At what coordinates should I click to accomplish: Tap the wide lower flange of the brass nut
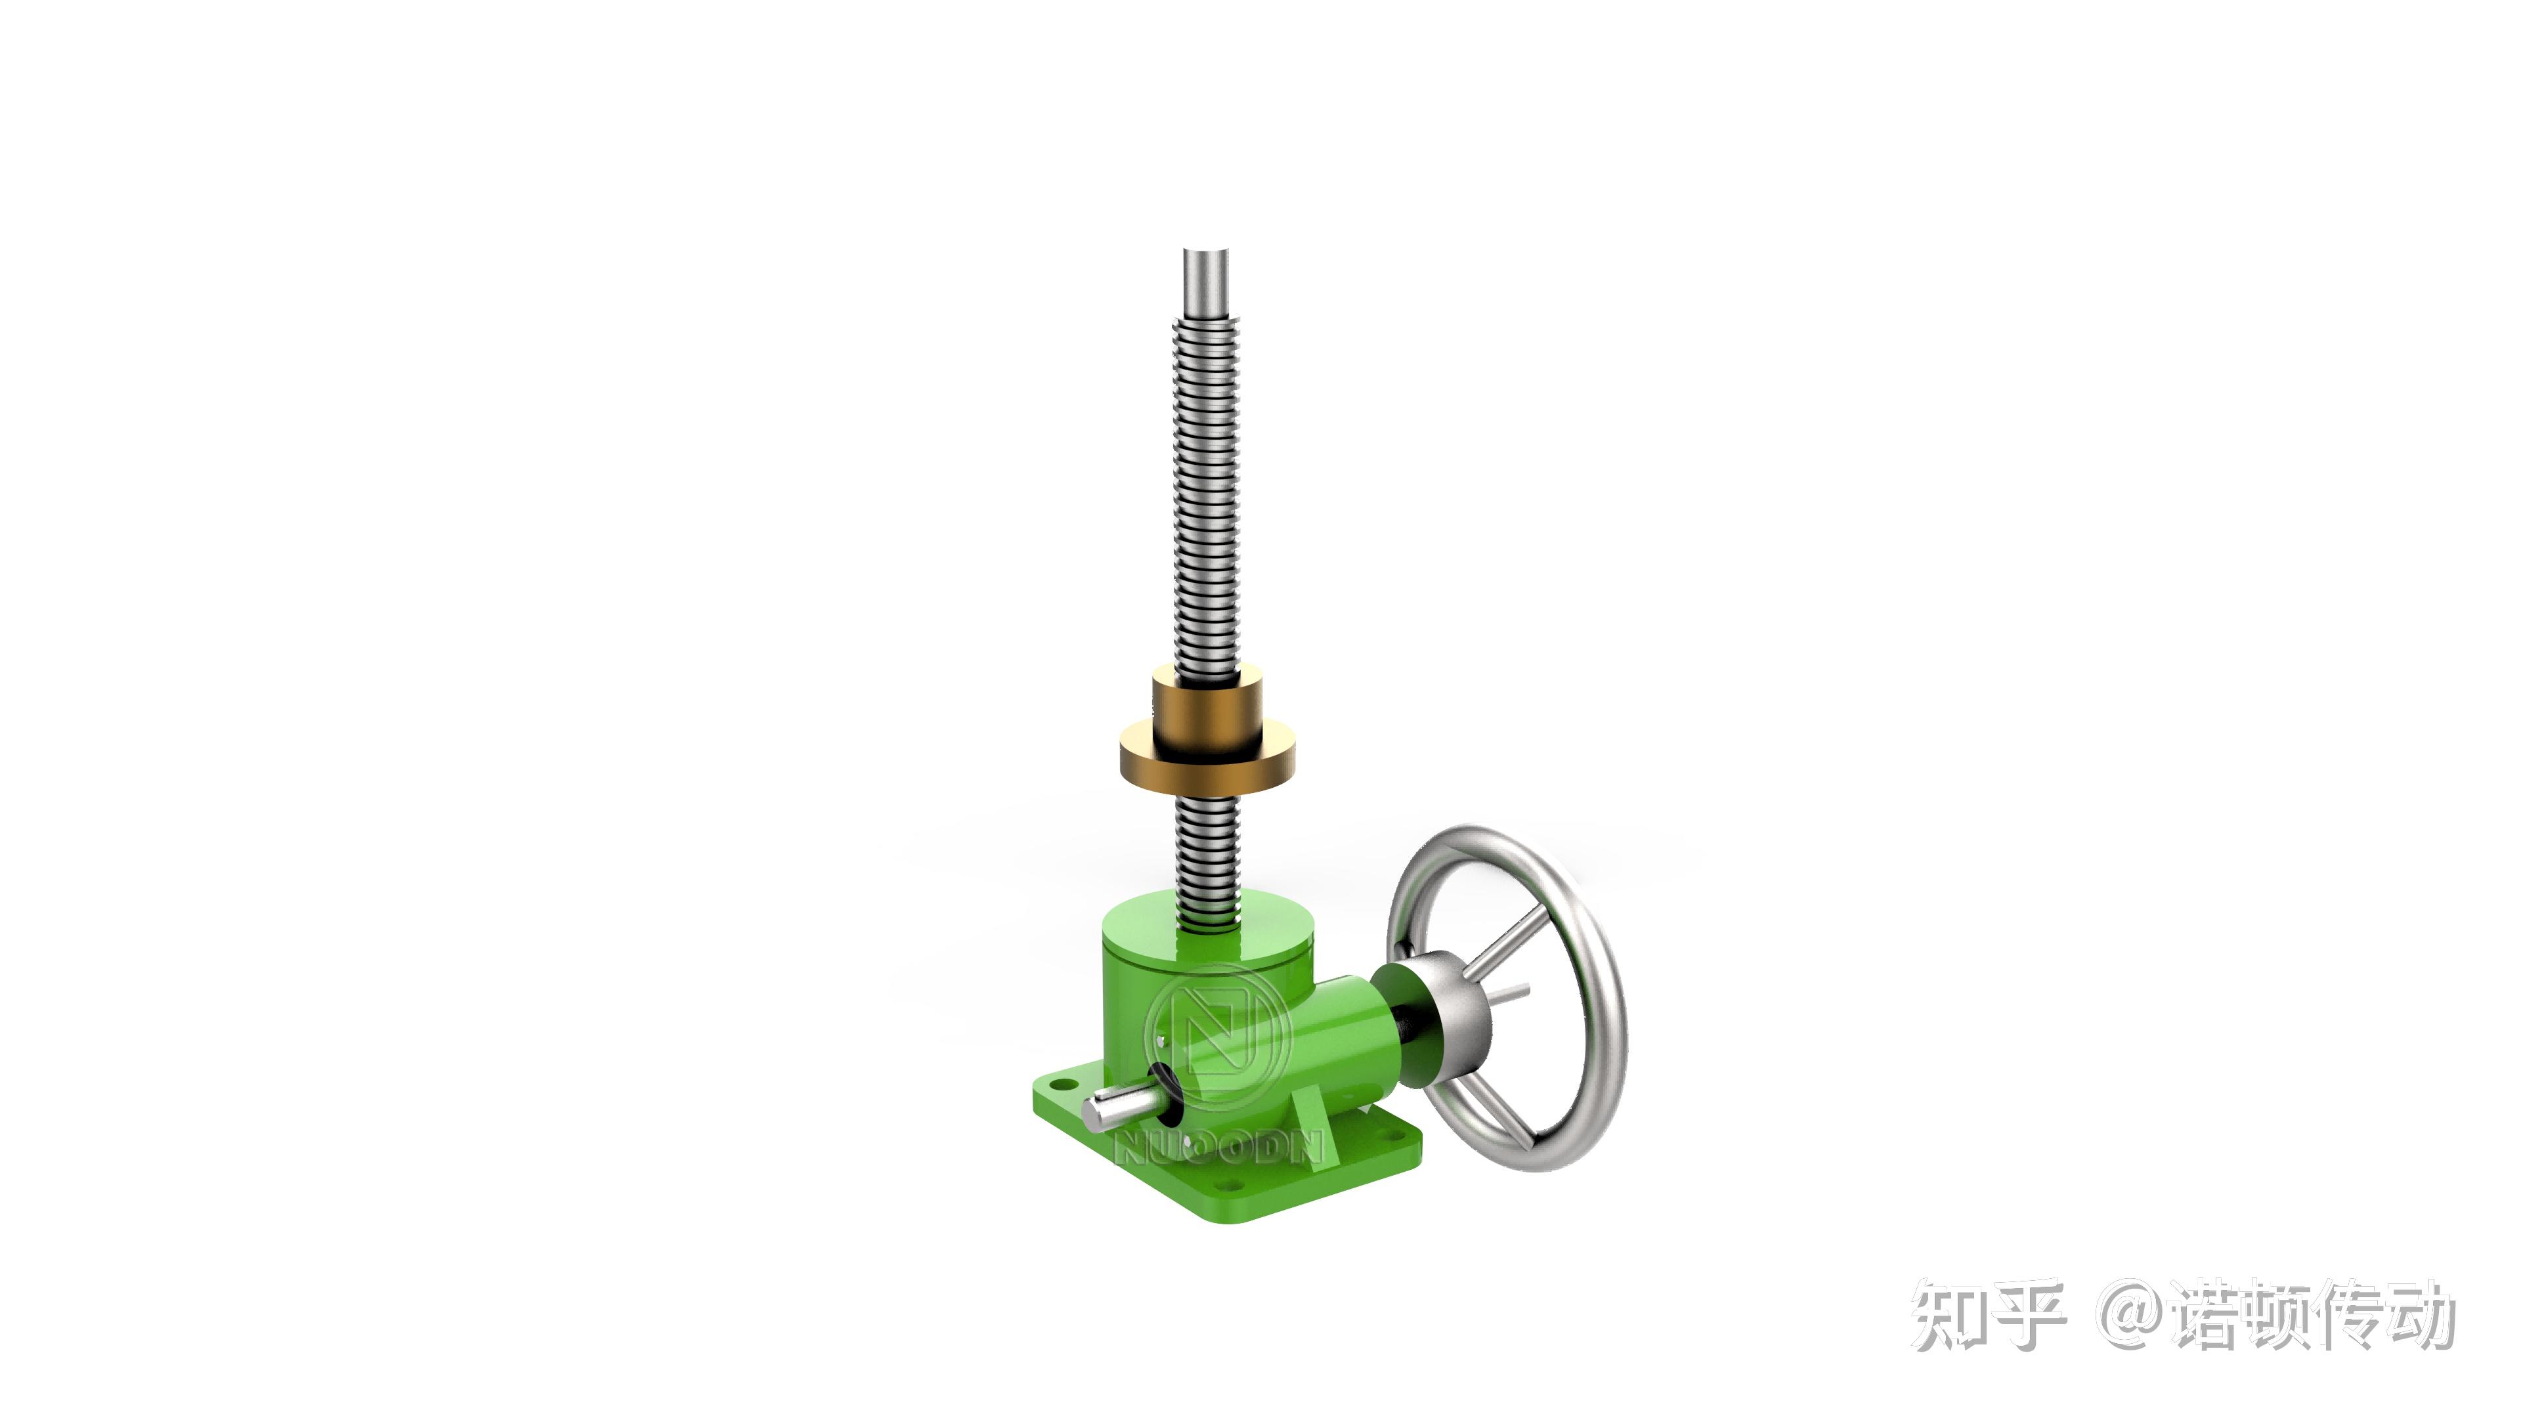tap(1208, 763)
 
